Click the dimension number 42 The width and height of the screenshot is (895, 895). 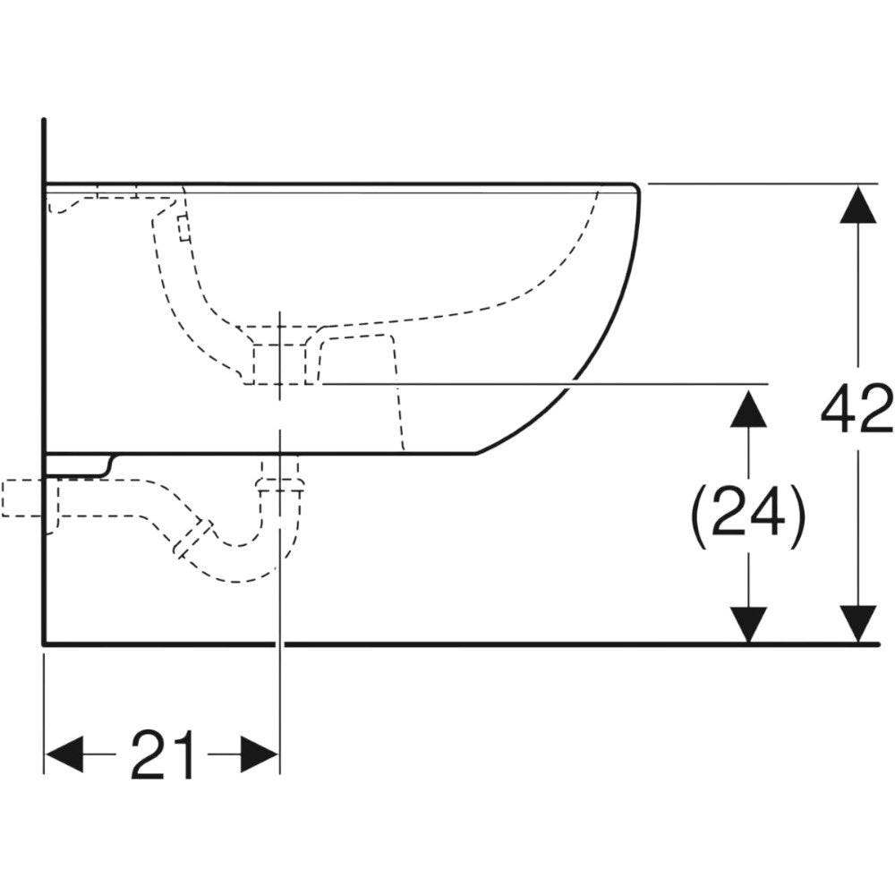pos(857,408)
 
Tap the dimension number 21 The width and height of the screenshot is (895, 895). pos(163,754)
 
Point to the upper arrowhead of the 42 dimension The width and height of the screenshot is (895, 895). pos(858,204)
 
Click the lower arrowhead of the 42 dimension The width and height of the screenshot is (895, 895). pos(858,623)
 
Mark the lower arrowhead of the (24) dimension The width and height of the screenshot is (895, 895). pos(749,624)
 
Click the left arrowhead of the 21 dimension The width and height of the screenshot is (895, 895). pos(64,754)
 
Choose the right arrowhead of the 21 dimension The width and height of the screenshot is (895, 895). pos(260,754)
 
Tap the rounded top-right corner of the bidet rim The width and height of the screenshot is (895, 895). pos(635,187)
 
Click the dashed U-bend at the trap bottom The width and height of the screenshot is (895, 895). pos(240,562)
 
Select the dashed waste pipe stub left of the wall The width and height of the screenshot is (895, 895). pos(21,499)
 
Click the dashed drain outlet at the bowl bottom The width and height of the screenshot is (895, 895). pos(279,363)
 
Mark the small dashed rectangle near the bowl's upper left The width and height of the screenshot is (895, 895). pos(183,227)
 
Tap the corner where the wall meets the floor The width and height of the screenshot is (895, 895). pos(44,644)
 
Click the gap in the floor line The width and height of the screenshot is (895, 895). pos(279,644)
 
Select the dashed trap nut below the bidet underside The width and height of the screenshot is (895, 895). pos(279,485)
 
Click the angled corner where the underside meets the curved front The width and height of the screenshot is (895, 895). pos(475,455)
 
